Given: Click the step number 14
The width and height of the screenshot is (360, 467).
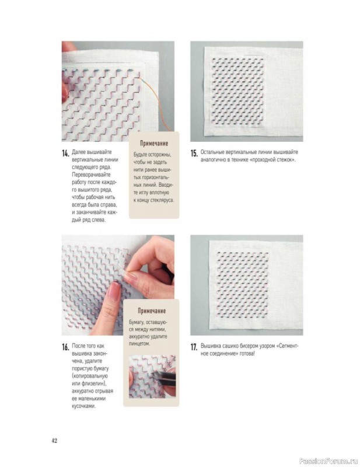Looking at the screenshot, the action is pos(65,154).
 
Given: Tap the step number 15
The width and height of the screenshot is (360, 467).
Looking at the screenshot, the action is pos(194,154).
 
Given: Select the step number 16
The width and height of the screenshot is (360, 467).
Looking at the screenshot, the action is pos(65,347).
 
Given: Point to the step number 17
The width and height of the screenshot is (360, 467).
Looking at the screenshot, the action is pos(194,347).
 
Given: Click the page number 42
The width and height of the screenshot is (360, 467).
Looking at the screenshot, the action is pos(54,441).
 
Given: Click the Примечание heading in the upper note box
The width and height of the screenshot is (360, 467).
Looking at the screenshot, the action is pos(154,143).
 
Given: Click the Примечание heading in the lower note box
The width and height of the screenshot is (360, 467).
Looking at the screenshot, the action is pos(151,311).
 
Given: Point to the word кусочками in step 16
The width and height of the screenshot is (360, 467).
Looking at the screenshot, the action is pos(83,406).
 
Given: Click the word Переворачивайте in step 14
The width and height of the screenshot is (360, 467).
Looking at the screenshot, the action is pos(91,175).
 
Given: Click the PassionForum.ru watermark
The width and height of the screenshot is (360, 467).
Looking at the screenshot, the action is pos(328,461).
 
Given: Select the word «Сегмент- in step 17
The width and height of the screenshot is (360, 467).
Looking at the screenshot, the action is pos(287,346).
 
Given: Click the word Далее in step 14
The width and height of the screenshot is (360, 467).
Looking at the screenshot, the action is pos(78,152).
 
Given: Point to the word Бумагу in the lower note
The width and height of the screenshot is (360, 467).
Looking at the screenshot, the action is pos(138,322).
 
